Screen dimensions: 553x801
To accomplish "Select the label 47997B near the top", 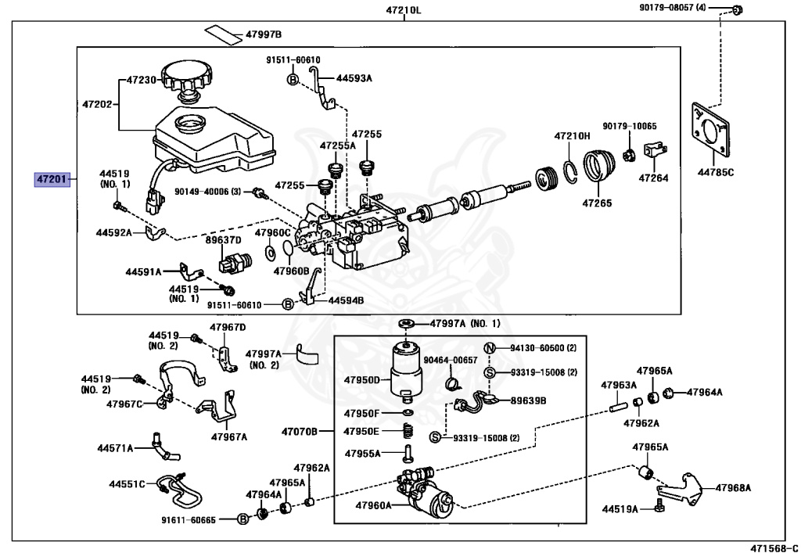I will pos(263,34).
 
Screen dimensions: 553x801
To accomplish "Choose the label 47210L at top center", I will pos(403,11).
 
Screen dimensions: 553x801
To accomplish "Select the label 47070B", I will pos(300,431).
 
